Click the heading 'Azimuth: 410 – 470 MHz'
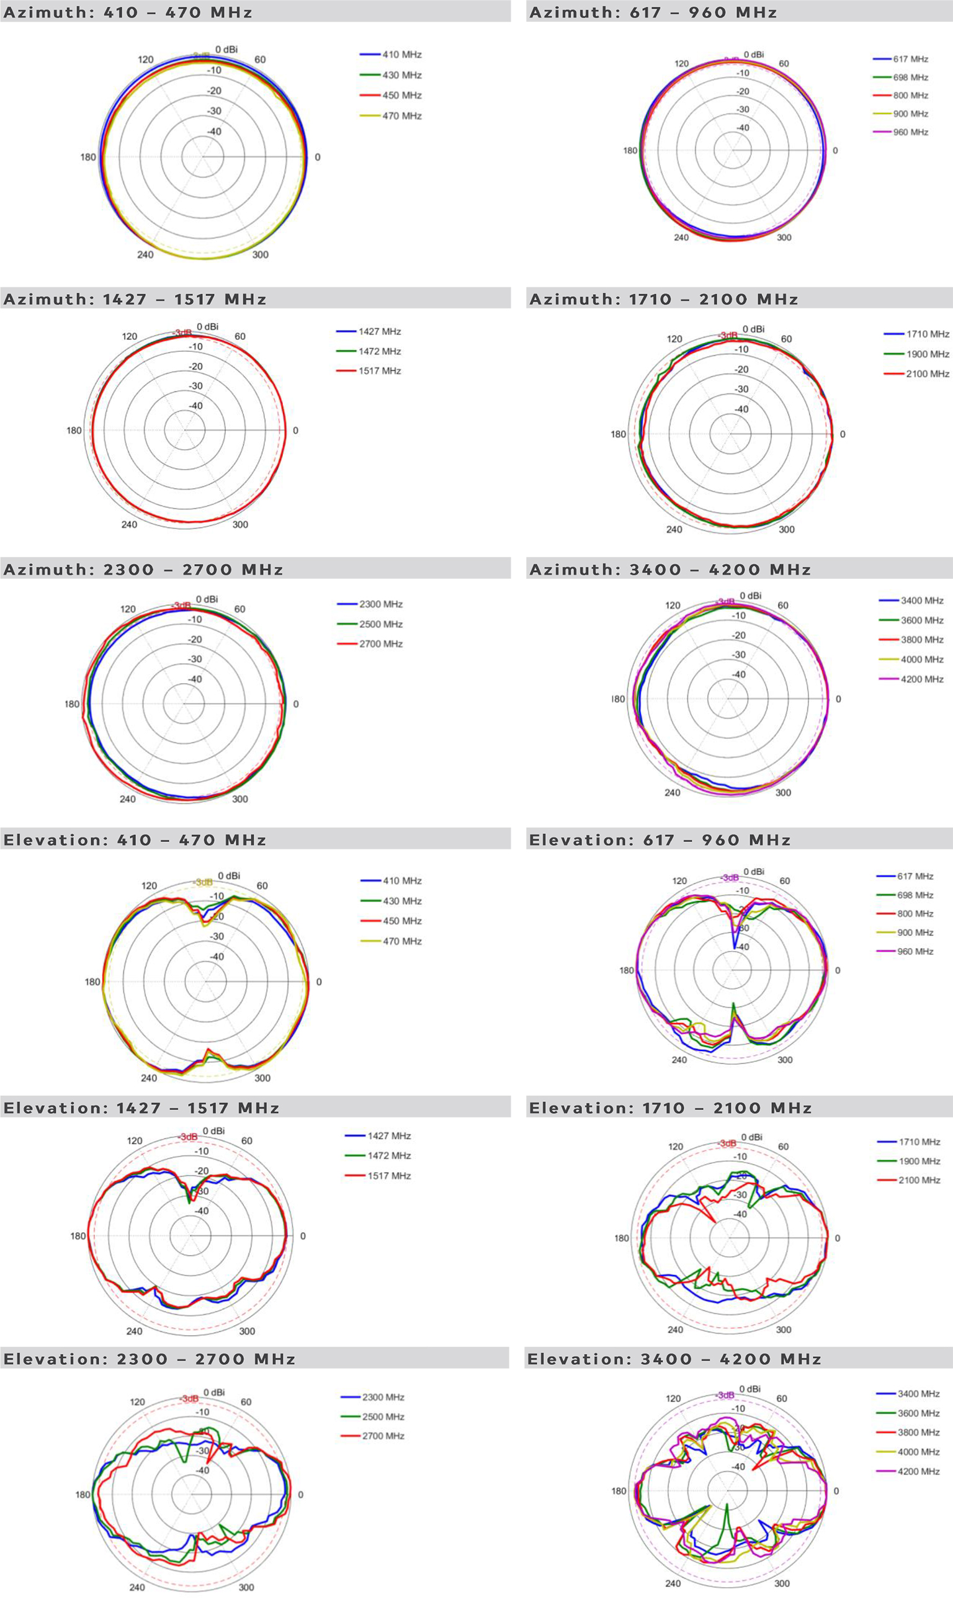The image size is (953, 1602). click(128, 12)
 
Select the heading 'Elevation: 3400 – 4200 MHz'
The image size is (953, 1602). click(674, 1359)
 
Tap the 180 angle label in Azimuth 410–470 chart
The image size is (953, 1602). click(88, 158)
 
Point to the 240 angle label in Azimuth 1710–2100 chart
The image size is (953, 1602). click(674, 530)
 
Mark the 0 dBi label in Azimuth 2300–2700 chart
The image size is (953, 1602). click(207, 599)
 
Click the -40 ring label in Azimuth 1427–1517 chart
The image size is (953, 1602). click(195, 406)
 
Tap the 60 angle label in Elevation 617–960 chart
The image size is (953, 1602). click(785, 881)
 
